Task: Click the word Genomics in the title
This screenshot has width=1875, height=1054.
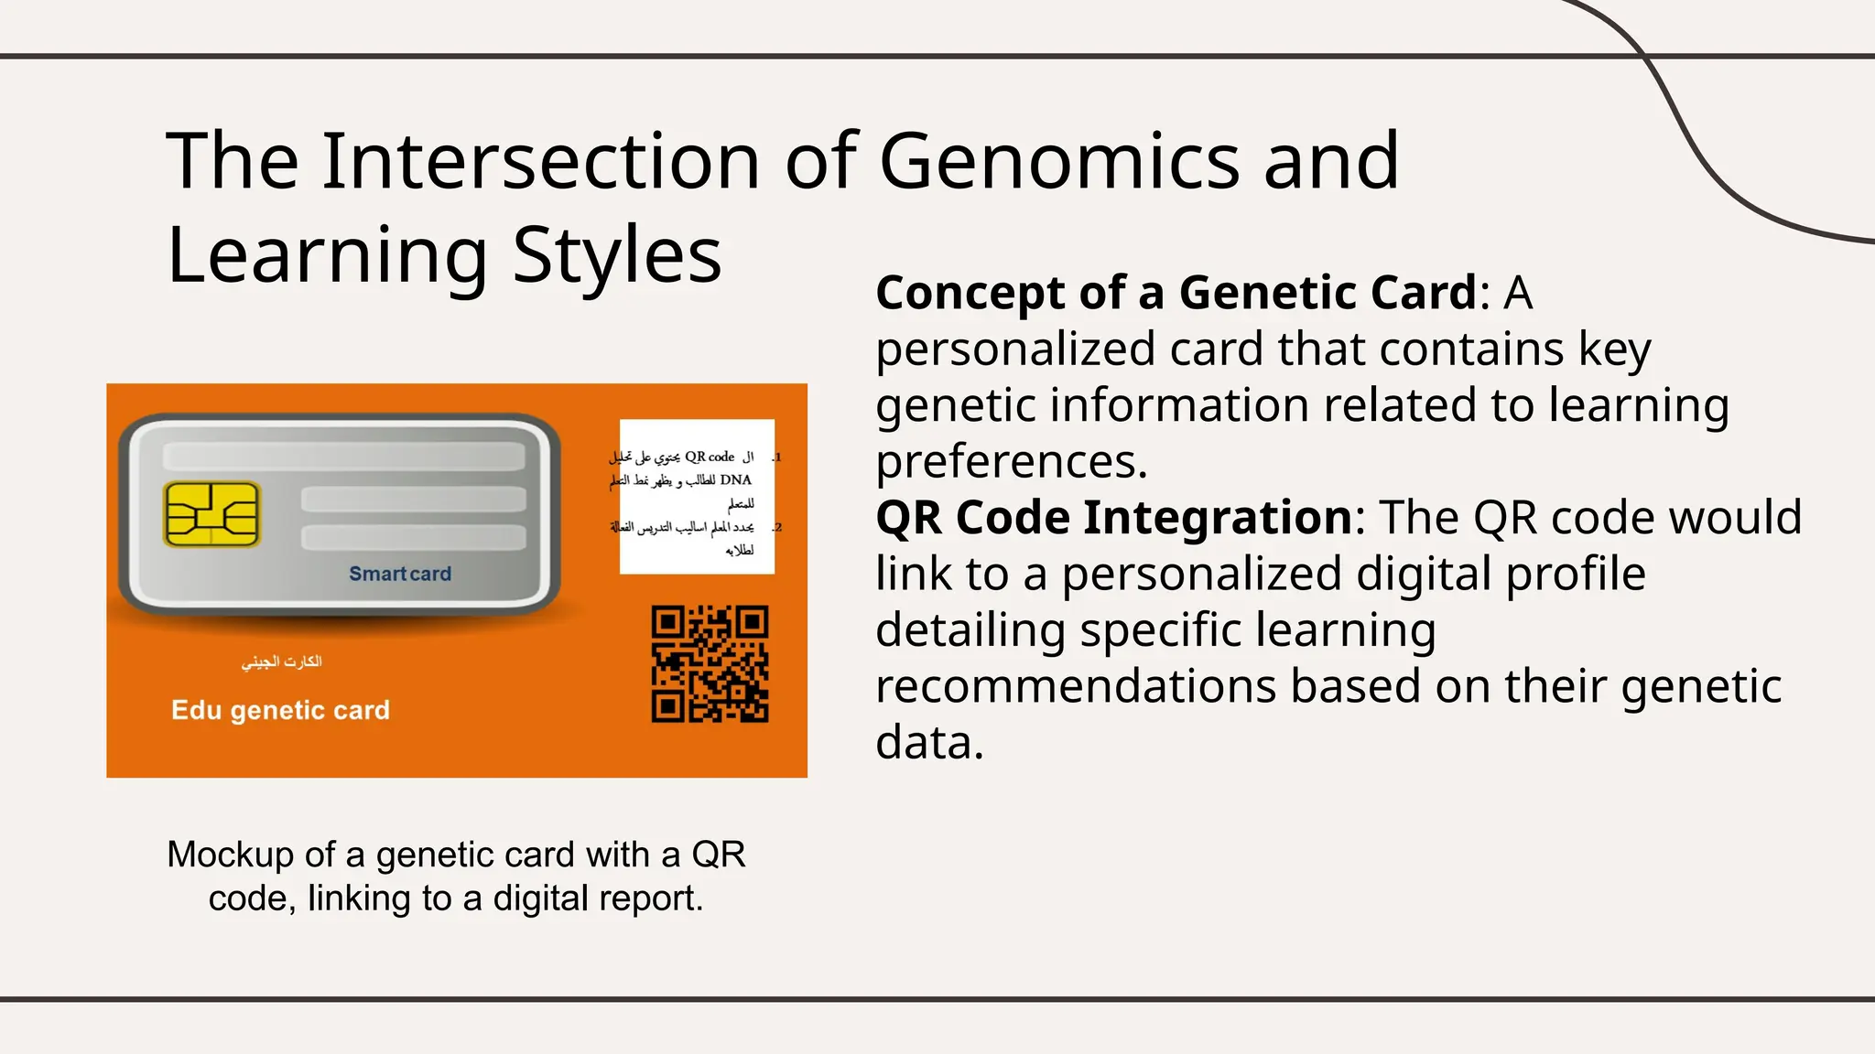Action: click(x=1058, y=161)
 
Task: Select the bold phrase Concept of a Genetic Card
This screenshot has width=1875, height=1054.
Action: click(x=1176, y=293)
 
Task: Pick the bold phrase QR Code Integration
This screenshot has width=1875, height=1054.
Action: click(x=1113, y=518)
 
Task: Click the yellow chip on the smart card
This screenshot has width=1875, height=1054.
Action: click(x=211, y=514)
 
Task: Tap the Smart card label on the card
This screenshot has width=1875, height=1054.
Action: click(x=400, y=574)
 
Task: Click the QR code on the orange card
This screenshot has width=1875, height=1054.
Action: click(x=710, y=663)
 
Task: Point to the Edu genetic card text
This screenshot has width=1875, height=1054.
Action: click(x=280, y=710)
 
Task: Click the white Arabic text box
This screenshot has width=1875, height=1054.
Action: click(x=696, y=497)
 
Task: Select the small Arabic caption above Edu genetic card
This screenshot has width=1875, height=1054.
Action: click(x=281, y=661)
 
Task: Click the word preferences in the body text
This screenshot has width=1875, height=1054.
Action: click(x=1011, y=461)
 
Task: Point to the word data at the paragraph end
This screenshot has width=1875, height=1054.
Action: click(x=928, y=743)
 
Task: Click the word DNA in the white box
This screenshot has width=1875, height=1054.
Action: click(x=735, y=479)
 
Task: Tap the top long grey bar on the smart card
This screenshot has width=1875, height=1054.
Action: click(x=343, y=457)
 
